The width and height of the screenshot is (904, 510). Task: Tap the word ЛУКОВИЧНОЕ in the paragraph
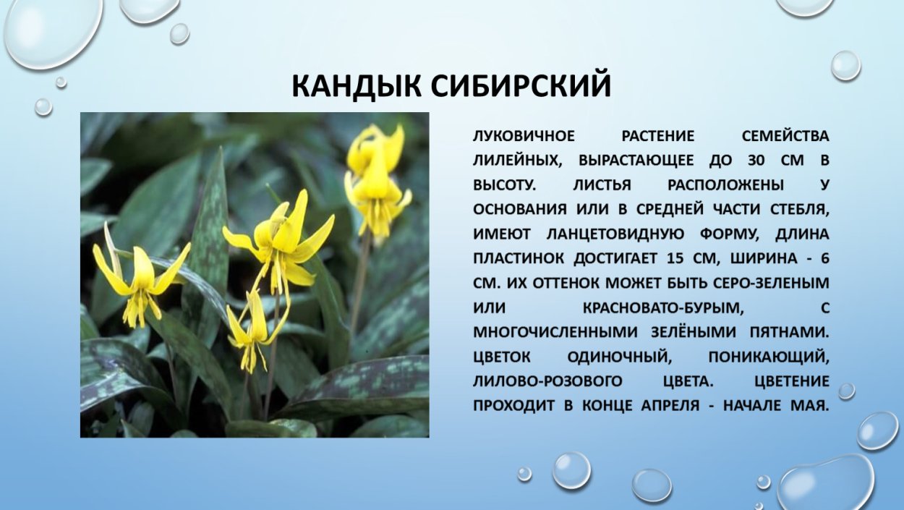pos(524,137)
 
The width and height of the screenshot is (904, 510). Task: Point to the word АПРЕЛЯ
pos(670,405)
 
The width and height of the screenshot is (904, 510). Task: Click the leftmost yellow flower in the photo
pos(140,279)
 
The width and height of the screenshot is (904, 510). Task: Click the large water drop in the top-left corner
pos(52,33)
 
